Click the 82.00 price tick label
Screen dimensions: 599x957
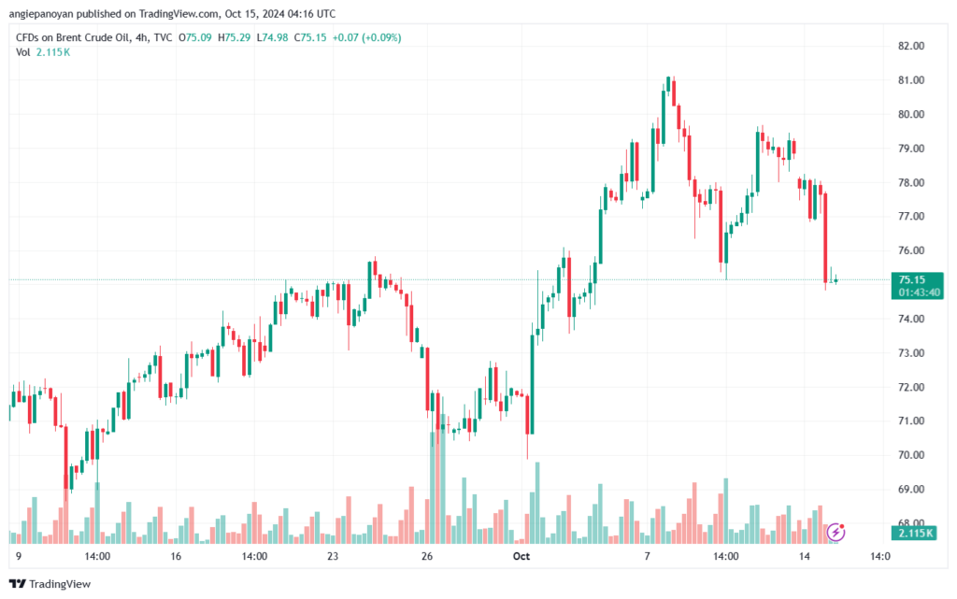click(x=911, y=46)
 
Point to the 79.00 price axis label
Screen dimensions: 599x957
click(x=911, y=149)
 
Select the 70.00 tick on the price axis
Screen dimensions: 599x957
click(x=911, y=455)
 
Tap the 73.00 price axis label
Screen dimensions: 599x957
click(x=911, y=353)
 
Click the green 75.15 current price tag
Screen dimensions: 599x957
click(x=911, y=279)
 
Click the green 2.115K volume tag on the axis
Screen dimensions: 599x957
click(x=913, y=533)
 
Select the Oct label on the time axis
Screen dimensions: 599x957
click(x=521, y=555)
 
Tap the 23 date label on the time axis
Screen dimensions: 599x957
click(x=332, y=555)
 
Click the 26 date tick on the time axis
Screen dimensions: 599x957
click(x=426, y=555)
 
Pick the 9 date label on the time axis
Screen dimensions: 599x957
click(x=19, y=555)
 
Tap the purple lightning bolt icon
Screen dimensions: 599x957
click(x=836, y=533)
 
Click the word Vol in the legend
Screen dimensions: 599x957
click(x=23, y=51)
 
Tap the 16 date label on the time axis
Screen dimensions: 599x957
click(x=176, y=555)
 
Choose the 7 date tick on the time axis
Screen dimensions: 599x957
click(x=647, y=555)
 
